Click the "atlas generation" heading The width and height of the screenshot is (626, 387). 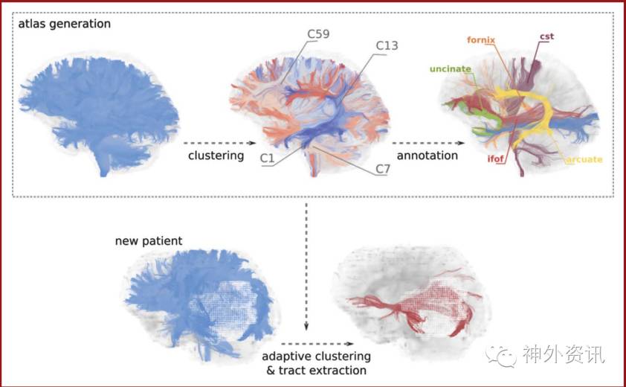tap(66, 23)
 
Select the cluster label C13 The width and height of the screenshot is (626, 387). tap(386, 45)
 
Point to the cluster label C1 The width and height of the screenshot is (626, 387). tap(268, 158)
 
